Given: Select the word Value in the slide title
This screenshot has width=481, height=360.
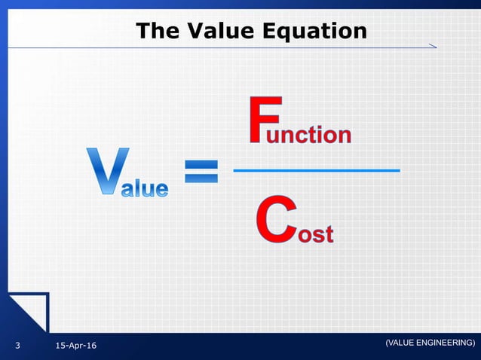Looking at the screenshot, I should tap(219, 31).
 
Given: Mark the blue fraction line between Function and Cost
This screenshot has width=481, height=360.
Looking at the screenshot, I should tap(316, 171).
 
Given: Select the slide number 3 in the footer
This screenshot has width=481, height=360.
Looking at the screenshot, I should tap(17, 346).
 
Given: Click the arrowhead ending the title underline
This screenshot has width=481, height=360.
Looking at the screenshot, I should tap(432, 47).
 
